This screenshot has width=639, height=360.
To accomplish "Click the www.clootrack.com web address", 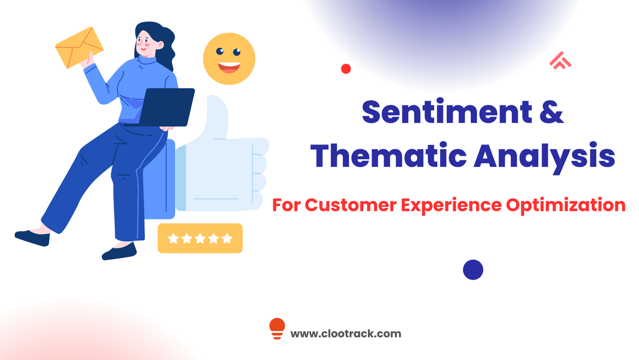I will click(346, 333).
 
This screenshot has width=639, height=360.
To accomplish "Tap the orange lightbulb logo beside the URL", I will click(277, 329).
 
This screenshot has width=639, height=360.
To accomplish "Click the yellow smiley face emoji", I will click(229, 59).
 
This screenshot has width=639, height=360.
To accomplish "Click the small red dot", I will click(346, 69).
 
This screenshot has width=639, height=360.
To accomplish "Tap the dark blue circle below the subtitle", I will click(473, 269).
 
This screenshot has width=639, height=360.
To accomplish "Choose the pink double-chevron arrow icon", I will click(560, 60).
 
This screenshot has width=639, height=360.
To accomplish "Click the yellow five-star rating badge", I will click(200, 238).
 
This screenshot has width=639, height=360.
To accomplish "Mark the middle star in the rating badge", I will click(200, 239).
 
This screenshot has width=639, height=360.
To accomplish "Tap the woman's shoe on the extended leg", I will click(32, 238).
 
